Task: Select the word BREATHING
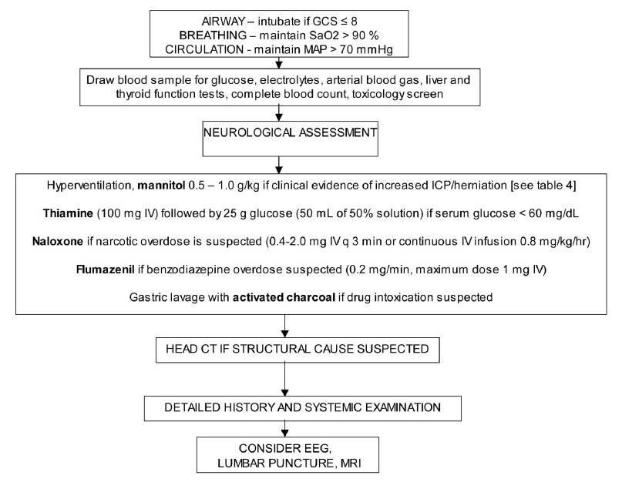[x=213, y=35]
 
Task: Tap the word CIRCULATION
[x=204, y=49]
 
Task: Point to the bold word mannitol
[x=161, y=186]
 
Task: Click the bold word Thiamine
[x=68, y=213]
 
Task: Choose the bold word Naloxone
[x=58, y=242]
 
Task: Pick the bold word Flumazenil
[x=105, y=269]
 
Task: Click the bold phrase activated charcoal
[x=284, y=297]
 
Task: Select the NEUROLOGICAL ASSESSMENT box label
[x=290, y=132]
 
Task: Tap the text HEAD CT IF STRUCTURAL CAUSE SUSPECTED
[x=297, y=349]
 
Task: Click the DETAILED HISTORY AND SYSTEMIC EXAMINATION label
[x=302, y=407]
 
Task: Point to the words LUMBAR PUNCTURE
[x=276, y=463]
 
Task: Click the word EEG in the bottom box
[x=318, y=449]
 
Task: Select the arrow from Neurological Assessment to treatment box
[x=279, y=165]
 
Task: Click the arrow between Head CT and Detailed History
[x=285, y=380]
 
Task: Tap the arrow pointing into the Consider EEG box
[x=285, y=429]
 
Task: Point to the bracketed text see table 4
[x=543, y=186]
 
